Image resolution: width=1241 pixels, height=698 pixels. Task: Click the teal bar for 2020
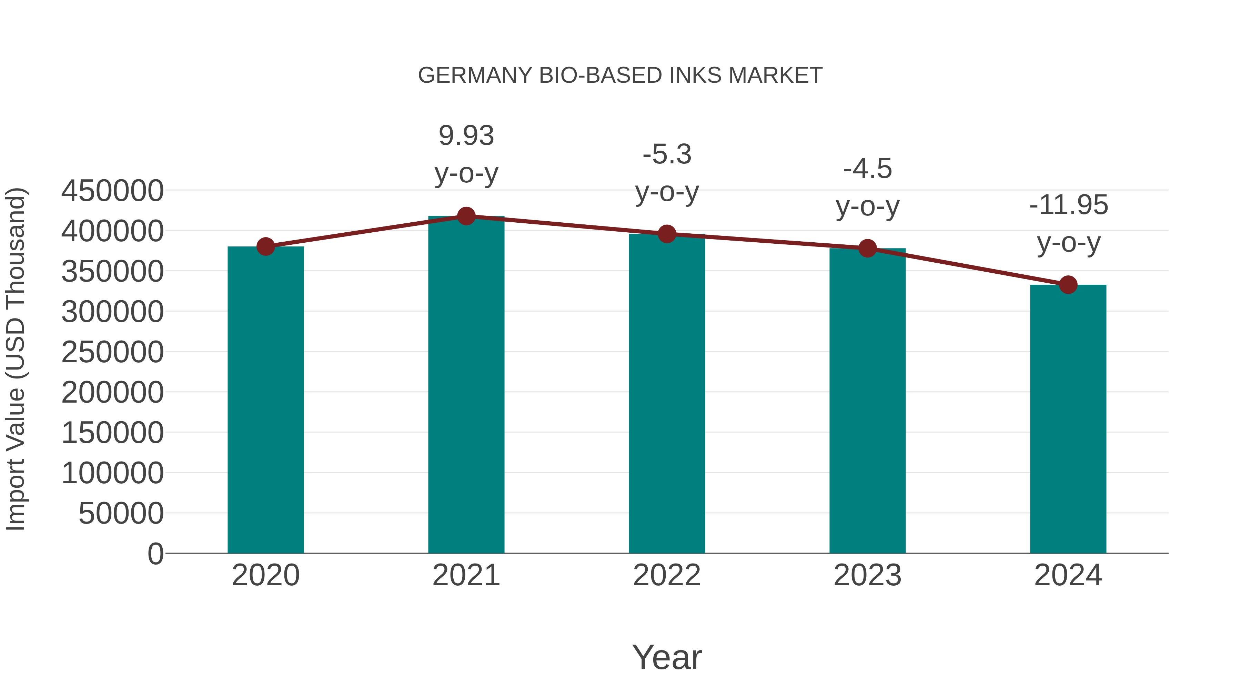[265, 400]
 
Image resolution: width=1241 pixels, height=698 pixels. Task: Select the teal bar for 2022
[667, 394]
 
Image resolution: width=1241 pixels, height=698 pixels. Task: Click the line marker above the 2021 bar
[466, 216]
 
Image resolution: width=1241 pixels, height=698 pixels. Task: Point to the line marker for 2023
[867, 249]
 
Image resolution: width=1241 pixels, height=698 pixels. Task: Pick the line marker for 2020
[265, 247]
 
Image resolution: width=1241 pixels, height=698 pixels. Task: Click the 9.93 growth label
[466, 136]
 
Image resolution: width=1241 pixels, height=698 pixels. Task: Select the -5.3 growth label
[667, 155]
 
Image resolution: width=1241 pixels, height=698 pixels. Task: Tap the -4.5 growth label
[867, 169]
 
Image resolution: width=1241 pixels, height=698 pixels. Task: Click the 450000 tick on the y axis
[112, 191]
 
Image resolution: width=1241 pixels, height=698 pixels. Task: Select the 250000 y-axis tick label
[112, 352]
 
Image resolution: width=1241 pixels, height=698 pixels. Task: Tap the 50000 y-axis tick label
[121, 514]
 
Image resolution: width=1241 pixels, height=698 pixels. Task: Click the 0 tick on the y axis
[155, 554]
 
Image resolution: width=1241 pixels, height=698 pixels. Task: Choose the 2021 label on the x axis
[466, 575]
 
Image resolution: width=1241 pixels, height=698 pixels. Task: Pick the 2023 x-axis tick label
[867, 575]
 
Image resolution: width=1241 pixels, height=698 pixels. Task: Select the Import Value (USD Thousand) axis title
[16, 360]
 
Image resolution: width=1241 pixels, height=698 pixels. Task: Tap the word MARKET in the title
[775, 75]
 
